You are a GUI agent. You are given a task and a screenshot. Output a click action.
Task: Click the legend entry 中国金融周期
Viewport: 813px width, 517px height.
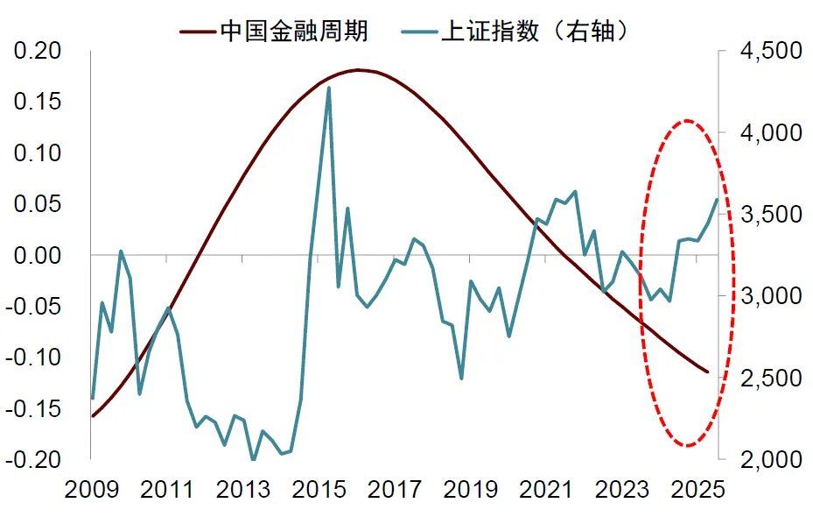pos(293,32)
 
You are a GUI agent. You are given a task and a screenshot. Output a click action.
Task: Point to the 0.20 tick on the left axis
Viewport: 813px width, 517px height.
pos(38,51)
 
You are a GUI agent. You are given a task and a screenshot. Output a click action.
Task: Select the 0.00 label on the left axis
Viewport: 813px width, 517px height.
pos(38,255)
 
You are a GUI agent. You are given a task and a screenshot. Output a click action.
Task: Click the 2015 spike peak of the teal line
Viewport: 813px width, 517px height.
pos(328,88)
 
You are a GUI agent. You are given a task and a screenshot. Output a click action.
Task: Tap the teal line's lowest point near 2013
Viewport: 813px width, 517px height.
pos(254,459)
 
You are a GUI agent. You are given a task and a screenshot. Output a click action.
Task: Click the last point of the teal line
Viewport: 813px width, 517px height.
pos(717,199)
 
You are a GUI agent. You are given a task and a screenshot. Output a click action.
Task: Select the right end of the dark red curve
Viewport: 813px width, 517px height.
pos(708,372)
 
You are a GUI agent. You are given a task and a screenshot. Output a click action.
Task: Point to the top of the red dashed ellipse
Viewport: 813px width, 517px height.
pos(688,121)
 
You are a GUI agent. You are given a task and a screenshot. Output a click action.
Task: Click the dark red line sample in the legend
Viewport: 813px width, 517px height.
pos(197,32)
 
